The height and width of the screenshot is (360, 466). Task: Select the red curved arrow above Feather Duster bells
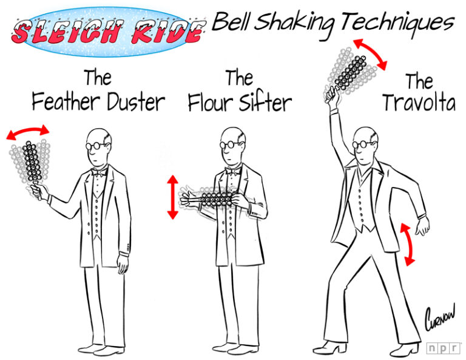coord(28,131)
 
